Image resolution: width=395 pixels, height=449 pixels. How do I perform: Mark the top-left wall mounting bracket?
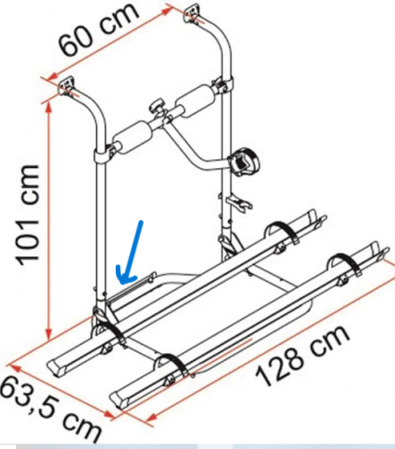point(68,86)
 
